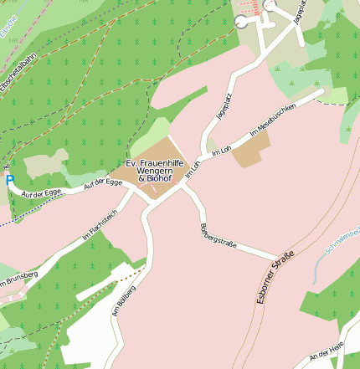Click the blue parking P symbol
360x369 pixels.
10,179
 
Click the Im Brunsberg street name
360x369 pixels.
18,279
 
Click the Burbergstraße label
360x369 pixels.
219,236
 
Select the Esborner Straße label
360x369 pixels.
276,281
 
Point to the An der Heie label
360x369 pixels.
327,355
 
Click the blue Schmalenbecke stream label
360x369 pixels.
342,238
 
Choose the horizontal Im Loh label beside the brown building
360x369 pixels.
221,151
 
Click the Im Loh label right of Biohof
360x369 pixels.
193,170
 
